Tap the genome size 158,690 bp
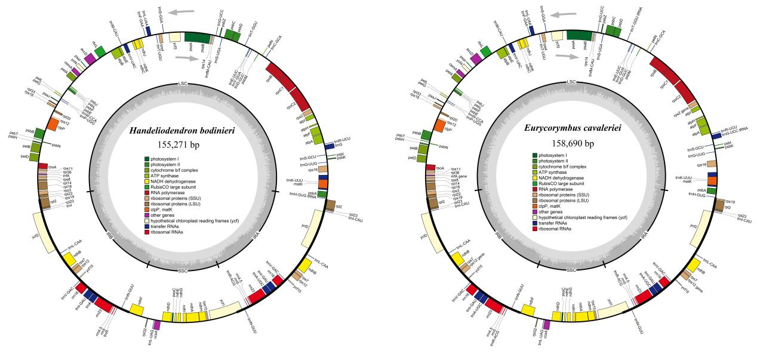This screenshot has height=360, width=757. (571, 143)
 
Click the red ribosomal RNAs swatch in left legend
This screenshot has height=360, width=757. (146, 232)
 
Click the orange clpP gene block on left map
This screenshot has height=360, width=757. (51, 125)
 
